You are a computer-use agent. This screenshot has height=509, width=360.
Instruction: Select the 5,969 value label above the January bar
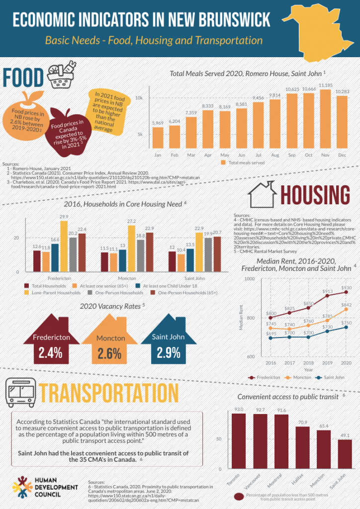coord(158,123)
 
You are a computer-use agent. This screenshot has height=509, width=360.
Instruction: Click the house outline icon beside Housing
coord(263,194)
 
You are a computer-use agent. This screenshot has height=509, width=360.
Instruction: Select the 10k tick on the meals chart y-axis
coord(140,98)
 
